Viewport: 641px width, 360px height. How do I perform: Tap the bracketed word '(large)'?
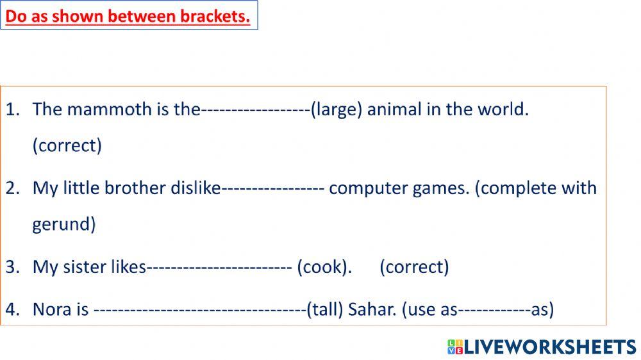336,110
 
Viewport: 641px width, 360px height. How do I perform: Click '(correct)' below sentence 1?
67,146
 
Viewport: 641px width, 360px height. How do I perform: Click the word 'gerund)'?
64,225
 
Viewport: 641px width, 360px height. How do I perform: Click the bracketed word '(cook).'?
324,267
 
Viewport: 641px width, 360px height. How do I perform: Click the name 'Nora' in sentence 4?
52,310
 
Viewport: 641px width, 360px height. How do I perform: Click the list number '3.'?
12,267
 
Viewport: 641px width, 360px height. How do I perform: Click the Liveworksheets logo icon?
455,347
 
